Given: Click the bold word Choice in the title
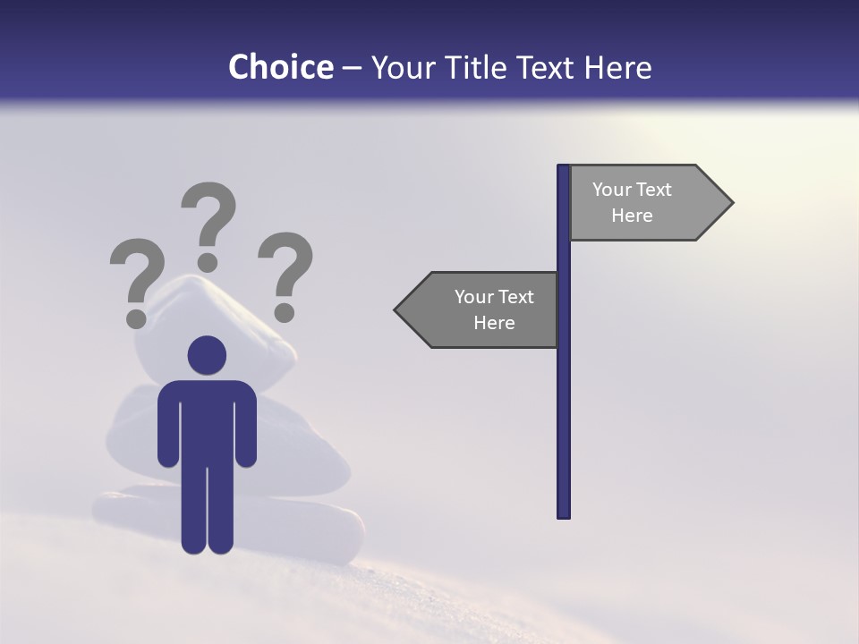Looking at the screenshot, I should point(280,67).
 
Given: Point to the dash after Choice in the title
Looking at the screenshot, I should point(352,68).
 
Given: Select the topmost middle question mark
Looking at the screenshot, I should point(208,224).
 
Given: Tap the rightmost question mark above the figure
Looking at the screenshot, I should point(285,273).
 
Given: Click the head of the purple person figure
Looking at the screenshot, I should point(207,355).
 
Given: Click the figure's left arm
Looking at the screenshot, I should point(167,425).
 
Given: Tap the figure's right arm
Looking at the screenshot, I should point(247,425).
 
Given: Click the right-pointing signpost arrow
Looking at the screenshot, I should point(644,203).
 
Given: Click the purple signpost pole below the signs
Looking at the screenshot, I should point(564,429).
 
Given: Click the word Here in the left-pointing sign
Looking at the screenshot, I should point(494,323).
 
